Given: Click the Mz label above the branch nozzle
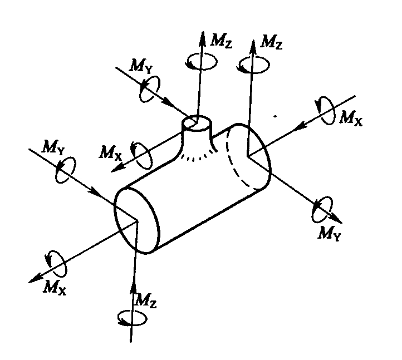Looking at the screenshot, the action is tap(221, 41).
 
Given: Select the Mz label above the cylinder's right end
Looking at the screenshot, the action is tap(271, 42).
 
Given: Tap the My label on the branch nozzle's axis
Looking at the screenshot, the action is tap(141, 66).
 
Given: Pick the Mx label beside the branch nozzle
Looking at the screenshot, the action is tap(110, 152).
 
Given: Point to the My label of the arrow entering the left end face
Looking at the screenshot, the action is tap(52, 148).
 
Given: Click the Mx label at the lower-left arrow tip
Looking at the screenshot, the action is tap(55, 287).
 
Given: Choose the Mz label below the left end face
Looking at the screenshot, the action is tap(146, 300).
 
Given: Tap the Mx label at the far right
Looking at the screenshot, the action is tap(351, 118).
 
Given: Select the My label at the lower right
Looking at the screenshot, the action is tap(330, 234).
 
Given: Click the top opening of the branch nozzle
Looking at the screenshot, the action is tap(198, 123).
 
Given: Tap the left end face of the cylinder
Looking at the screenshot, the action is tap(137, 220).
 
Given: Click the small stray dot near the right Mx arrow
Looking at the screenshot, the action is tap(275, 116).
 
